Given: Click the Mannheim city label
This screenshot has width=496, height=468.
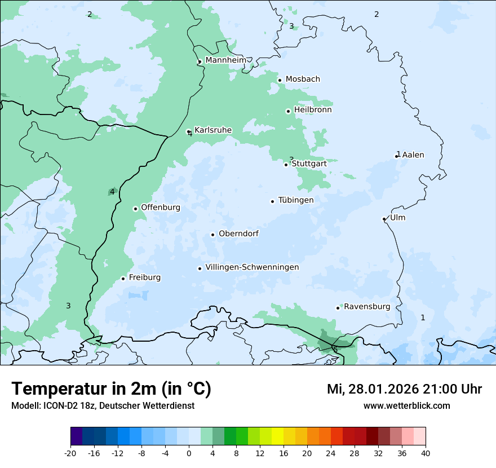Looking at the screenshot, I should pyautogui.click(x=225, y=60).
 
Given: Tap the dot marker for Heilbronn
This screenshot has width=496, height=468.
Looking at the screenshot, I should pyautogui.click(x=288, y=111).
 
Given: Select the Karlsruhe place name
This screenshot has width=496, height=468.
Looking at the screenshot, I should pyautogui.click(x=213, y=130).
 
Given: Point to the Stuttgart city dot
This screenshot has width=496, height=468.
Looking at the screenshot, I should pyautogui.click(x=286, y=165).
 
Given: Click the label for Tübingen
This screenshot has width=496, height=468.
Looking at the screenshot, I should pyautogui.click(x=296, y=200).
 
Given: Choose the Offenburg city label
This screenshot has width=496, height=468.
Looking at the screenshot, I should pyautogui.click(x=161, y=207).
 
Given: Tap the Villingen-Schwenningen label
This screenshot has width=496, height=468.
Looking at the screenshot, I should pyautogui.click(x=252, y=267).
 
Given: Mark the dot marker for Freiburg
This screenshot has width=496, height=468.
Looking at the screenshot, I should pyautogui.click(x=123, y=279).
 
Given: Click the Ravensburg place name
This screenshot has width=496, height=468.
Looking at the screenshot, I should pyautogui.click(x=367, y=307).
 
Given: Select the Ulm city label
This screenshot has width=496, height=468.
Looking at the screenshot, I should pyautogui.click(x=397, y=218).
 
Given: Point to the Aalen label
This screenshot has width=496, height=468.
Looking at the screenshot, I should pyautogui.click(x=413, y=155).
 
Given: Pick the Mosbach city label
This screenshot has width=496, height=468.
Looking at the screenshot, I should pyautogui.click(x=303, y=80).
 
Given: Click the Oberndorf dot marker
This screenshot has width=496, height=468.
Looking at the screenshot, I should pyautogui.click(x=212, y=235).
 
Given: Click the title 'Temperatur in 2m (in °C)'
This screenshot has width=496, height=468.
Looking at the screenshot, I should pyautogui.click(x=111, y=389).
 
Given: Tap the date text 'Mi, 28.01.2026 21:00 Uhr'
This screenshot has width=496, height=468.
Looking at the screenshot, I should pyautogui.click(x=404, y=389).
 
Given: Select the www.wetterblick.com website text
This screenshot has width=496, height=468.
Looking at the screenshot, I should pyautogui.click(x=406, y=406).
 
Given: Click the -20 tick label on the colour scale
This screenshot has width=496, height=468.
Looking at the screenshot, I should pyautogui.click(x=70, y=453).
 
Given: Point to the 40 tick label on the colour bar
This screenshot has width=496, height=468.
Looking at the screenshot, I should pyautogui.click(x=426, y=453).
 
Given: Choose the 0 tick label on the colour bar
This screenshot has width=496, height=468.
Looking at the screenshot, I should pyautogui.click(x=189, y=453).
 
